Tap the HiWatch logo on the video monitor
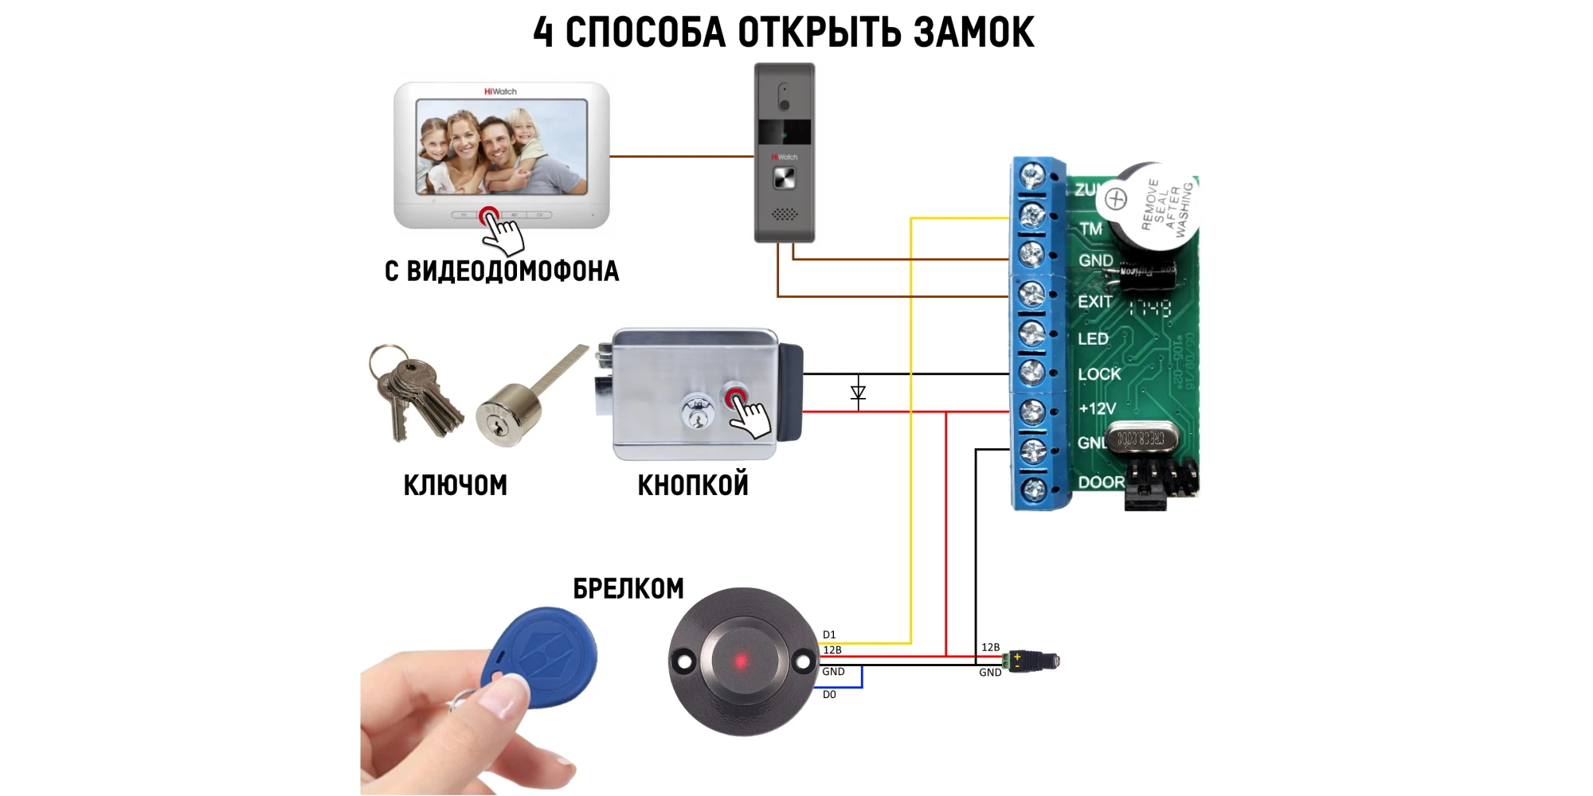point(500,92)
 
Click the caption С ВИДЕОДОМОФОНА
point(502,271)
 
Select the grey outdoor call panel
point(785,152)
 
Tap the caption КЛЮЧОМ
point(455,485)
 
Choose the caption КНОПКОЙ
point(693,485)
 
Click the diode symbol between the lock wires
point(858,392)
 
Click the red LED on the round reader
point(741,661)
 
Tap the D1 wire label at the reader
point(829,634)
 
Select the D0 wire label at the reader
point(829,694)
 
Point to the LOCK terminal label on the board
point(1099,374)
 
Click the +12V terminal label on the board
point(1097,409)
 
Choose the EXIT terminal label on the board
point(1094,302)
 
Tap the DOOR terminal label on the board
point(1101,482)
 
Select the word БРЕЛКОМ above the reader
point(628,589)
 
